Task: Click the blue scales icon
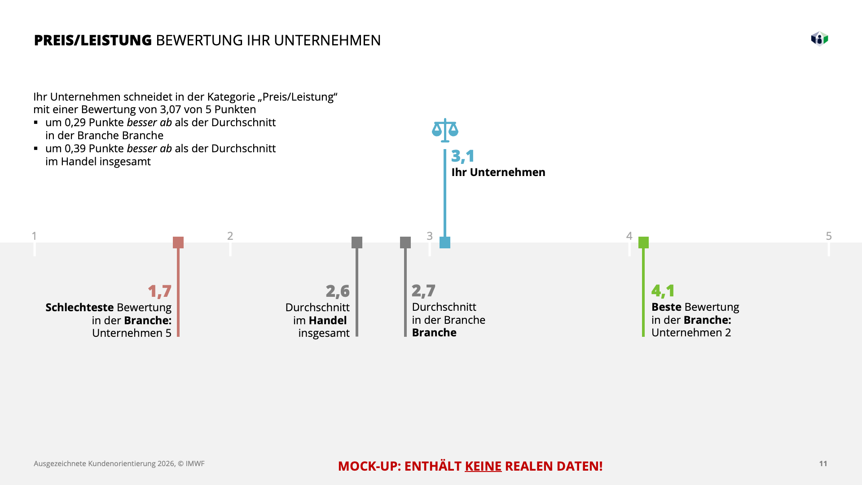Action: point(445,130)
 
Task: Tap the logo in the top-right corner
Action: point(819,39)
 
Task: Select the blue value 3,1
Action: point(462,156)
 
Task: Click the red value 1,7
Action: point(159,291)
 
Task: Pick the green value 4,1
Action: point(663,291)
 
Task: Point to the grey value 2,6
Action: point(338,291)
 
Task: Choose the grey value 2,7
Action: point(423,291)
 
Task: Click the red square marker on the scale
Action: point(178,242)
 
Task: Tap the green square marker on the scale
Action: point(643,242)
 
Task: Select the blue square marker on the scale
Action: point(445,242)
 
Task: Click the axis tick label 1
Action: point(34,236)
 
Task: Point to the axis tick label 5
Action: point(829,236)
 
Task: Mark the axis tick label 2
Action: point(230,236)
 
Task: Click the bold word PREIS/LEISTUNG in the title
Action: point(93,40)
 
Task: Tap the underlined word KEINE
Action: point(483,466)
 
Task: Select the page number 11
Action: point(823,463)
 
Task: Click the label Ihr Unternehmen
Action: point(498,172)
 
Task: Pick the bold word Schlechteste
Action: point(79,308)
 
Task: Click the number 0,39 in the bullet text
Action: point(75,149)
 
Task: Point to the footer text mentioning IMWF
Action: point(119,463)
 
